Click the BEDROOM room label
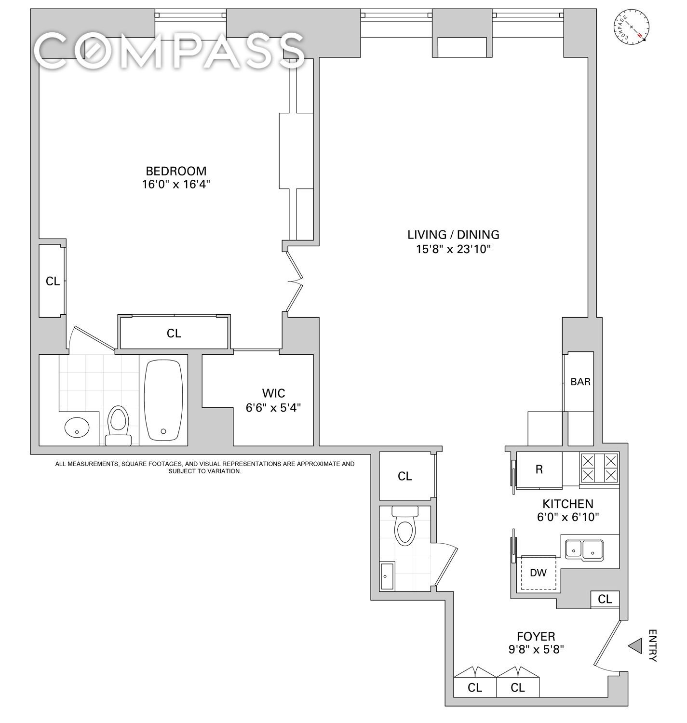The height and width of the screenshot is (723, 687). click(x=176, y=171)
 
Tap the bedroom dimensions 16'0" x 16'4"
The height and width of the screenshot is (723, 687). click(x=176, y=184)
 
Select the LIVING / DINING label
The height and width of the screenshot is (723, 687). click(x=453, y=235)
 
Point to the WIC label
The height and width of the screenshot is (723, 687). click(x=273, y=393)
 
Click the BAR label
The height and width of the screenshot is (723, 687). click(x=580, y=382)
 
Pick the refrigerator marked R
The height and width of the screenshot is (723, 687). click(x=539, y=469)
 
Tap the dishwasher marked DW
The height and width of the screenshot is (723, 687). click(x=538, y=573)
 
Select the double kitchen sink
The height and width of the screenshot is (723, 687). click(x=584, y=550)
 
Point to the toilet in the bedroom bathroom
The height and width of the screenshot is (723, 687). click(x=118, y=425)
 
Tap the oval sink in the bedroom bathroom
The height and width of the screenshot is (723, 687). click(x=77, y=428)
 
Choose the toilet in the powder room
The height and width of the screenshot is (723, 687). click(x=405, y=525)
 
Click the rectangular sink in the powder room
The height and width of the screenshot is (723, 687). click(x=387, y=576)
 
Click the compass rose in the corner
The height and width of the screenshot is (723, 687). click(x=631, y=27)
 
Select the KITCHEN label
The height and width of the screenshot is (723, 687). click(x=568, y=504)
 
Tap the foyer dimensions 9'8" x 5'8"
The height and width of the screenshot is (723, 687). click(x=536, y=660)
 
